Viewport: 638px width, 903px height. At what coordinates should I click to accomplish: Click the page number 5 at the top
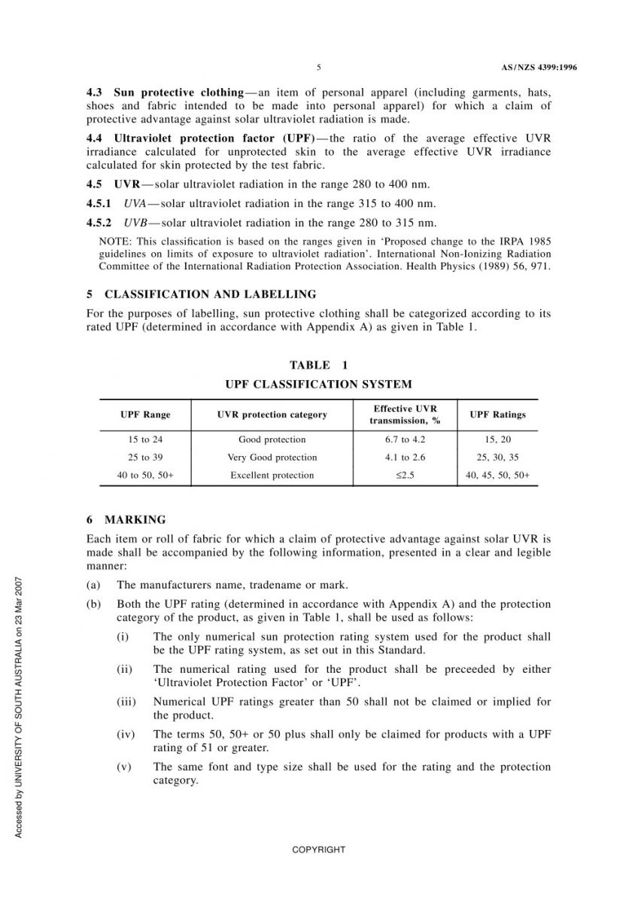[x=319, y=68]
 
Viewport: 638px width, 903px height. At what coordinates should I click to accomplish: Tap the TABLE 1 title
[x=319, y=365]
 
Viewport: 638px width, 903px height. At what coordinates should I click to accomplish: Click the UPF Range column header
[x=145, y=415]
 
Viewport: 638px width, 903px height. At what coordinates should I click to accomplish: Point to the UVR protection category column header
[x=272, y=415]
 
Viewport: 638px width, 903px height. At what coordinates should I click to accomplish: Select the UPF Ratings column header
[x=497, y=415]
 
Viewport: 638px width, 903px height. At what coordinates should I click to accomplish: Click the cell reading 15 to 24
[x=145, y=439]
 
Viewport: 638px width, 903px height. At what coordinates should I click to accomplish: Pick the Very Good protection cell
[x=272, y=458]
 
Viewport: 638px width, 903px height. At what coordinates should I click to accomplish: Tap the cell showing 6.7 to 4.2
[x=405, y=439]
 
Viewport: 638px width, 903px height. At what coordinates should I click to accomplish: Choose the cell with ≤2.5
[x=405, y=476]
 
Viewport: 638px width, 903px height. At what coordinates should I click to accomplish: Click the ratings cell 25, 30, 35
[x=497, y=458]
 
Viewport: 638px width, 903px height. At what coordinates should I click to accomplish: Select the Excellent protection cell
[x=272, y=476]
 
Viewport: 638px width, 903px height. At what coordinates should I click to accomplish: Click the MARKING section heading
[x=135, y=520]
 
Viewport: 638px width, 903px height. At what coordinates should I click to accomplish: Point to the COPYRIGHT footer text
[x=319, y=850]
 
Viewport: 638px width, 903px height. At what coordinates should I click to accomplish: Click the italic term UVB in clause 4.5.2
[x=135, y=223]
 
